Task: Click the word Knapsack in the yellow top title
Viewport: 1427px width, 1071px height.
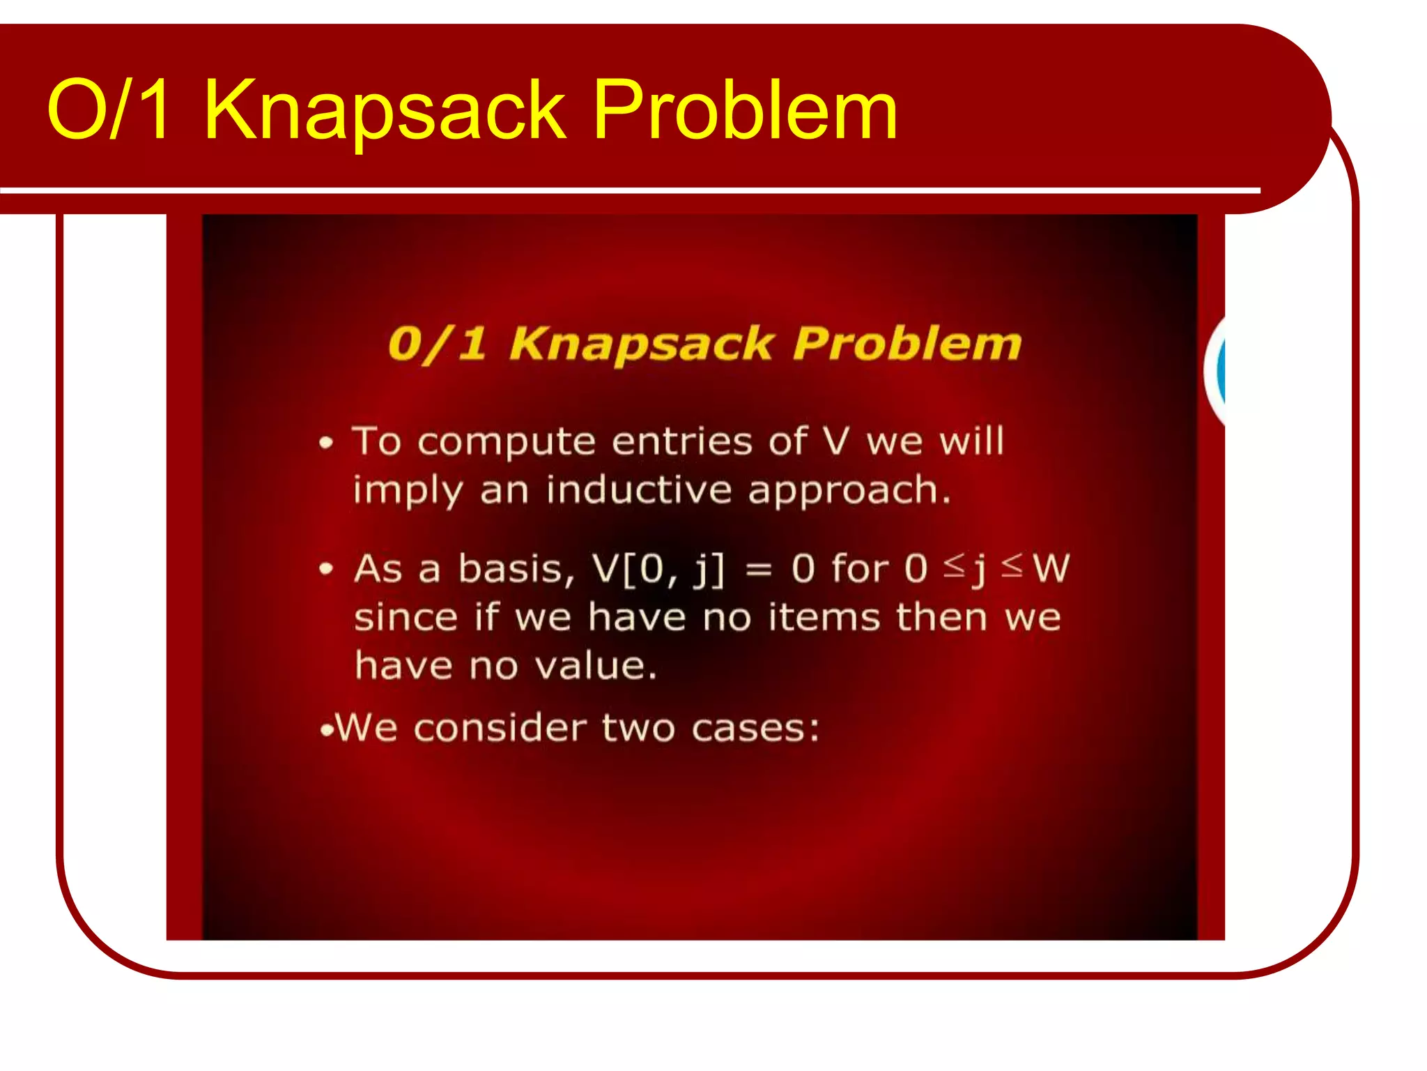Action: tap(384, 110)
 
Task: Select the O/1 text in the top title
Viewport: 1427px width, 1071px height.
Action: tap(109, 110)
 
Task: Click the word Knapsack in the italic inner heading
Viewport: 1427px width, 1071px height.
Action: tap(641, 344)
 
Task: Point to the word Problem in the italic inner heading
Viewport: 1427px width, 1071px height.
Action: tap(907, 344)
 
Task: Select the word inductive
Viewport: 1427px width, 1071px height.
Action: tap(639, 490)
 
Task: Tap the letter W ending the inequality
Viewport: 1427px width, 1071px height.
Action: tap(1051, 568)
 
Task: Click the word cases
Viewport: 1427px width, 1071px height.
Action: tap(755, 729)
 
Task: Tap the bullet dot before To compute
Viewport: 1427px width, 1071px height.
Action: tap(326, 443)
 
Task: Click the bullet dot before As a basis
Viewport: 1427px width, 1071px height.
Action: tap(326, 570)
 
